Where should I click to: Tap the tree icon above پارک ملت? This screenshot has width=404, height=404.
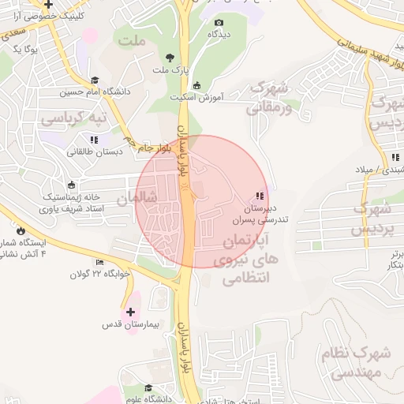(x=170, y=57)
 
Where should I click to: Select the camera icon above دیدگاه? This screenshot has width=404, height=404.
(x=219, y=22)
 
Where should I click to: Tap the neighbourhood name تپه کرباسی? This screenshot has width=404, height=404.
(x=78, y=120)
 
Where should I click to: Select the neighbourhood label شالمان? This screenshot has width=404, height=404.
(x=138, y=199)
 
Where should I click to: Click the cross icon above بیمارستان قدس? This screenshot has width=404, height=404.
(x=130, y=312)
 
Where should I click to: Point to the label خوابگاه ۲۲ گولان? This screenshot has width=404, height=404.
(x=98, y=275)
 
